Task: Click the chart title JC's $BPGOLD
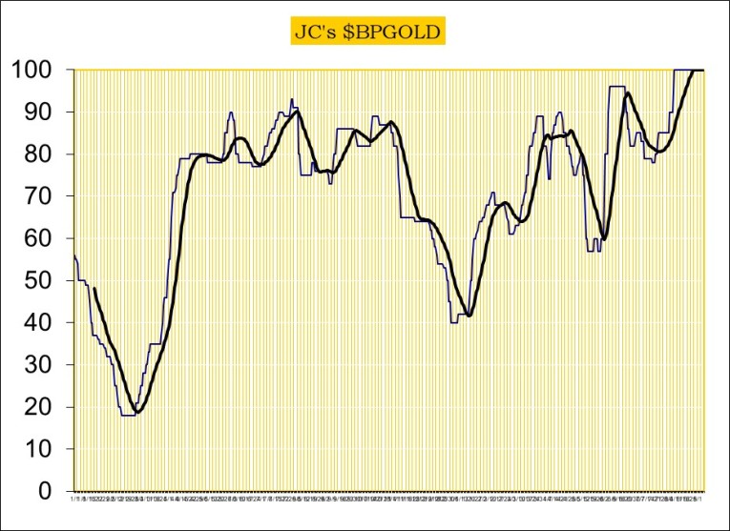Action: [368, 32]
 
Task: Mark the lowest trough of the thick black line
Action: [138, 412]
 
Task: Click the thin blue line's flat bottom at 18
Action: [129, 416]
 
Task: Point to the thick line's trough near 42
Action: [469, 316]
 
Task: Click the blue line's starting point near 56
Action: [73, 255]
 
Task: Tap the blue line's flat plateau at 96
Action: [617, 87]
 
